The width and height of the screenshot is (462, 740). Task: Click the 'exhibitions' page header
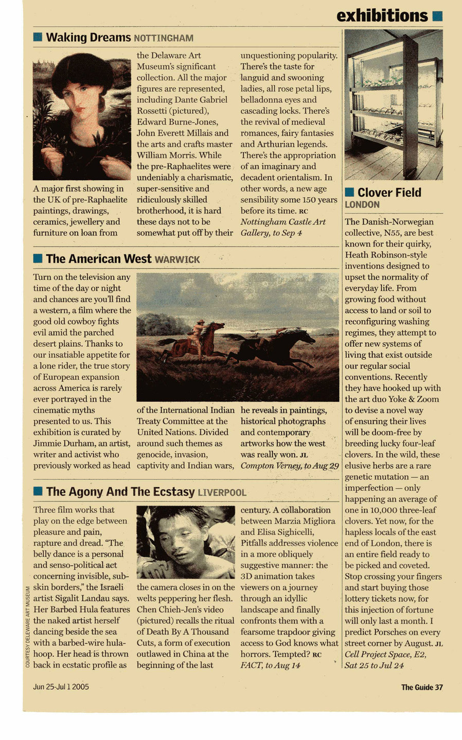[x=382, y=16]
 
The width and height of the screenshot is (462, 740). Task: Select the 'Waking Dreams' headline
[x=88, y=38]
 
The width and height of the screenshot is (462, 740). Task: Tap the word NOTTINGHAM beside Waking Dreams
[x=164, y=39]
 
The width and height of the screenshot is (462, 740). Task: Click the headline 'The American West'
[x=98, y=259]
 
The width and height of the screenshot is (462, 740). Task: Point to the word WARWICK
[x=177, y=260]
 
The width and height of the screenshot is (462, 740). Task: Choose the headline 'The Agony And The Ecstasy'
[x=120, y=492]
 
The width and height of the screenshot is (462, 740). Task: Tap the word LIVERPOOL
[x=222, y=493]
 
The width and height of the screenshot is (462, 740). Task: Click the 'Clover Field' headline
[x=389, y=193]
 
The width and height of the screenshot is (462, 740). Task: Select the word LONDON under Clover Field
[x=362, y=205]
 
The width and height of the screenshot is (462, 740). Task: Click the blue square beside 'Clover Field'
[x=349, y=192]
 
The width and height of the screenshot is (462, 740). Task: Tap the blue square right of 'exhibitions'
[x=437, y=16]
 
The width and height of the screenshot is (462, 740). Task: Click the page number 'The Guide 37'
[x=422, y=687]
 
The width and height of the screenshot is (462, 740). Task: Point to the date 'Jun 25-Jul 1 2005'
[x=61, y=687]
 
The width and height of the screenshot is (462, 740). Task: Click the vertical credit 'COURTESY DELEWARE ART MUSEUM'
[x=27, y=626]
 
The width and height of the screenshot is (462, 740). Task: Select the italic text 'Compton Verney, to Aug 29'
[x=290, y=466]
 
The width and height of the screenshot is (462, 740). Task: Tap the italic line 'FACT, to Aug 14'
[x=270, y=665]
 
